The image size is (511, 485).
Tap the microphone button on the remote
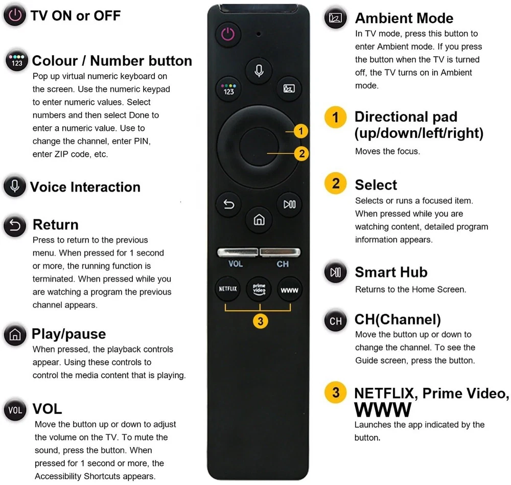click(259, 71)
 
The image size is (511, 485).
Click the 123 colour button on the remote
click(228, 89)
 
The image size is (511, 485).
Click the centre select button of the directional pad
click(259, 147)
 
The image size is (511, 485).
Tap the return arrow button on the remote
click(228, 204)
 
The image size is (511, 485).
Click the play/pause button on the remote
click(289, 204)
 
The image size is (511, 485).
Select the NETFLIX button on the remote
click(228, 289)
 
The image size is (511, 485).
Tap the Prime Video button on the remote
click(259, 289)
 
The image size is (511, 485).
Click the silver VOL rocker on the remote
click(238, 252)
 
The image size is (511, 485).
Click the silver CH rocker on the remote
click(280, 252)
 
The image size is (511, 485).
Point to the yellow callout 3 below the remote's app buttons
click(261, 321)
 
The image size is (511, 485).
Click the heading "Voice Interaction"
click(85, 187)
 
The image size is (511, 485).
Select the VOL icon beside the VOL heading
click(15, 409)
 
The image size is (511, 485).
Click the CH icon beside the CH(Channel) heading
click(336, 321)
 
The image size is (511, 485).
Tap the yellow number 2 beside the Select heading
click(336, 183)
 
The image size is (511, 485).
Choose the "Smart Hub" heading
click(391, 272)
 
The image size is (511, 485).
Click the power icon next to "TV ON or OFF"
click(15, 15)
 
